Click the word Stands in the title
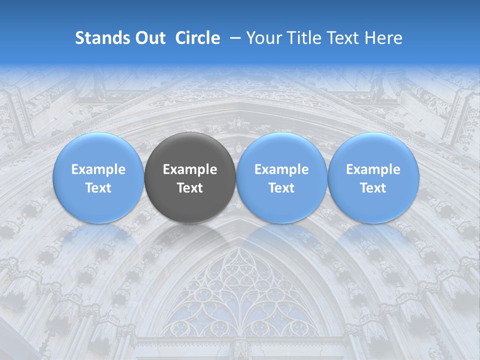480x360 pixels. pos(102,38)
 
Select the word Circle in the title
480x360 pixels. pos(197,38)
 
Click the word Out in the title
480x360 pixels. pos(150,38)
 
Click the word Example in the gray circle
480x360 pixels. pos(190,169)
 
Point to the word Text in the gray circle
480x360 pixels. pos(190,188)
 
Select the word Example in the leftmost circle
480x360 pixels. pos(98,169)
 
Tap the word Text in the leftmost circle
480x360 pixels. pos(98,188)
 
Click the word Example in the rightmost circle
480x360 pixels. pos(373,169)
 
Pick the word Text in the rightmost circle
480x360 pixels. pos(373,188)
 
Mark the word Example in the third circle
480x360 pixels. pos(281,169)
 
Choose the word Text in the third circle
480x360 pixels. pos(281,188)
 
